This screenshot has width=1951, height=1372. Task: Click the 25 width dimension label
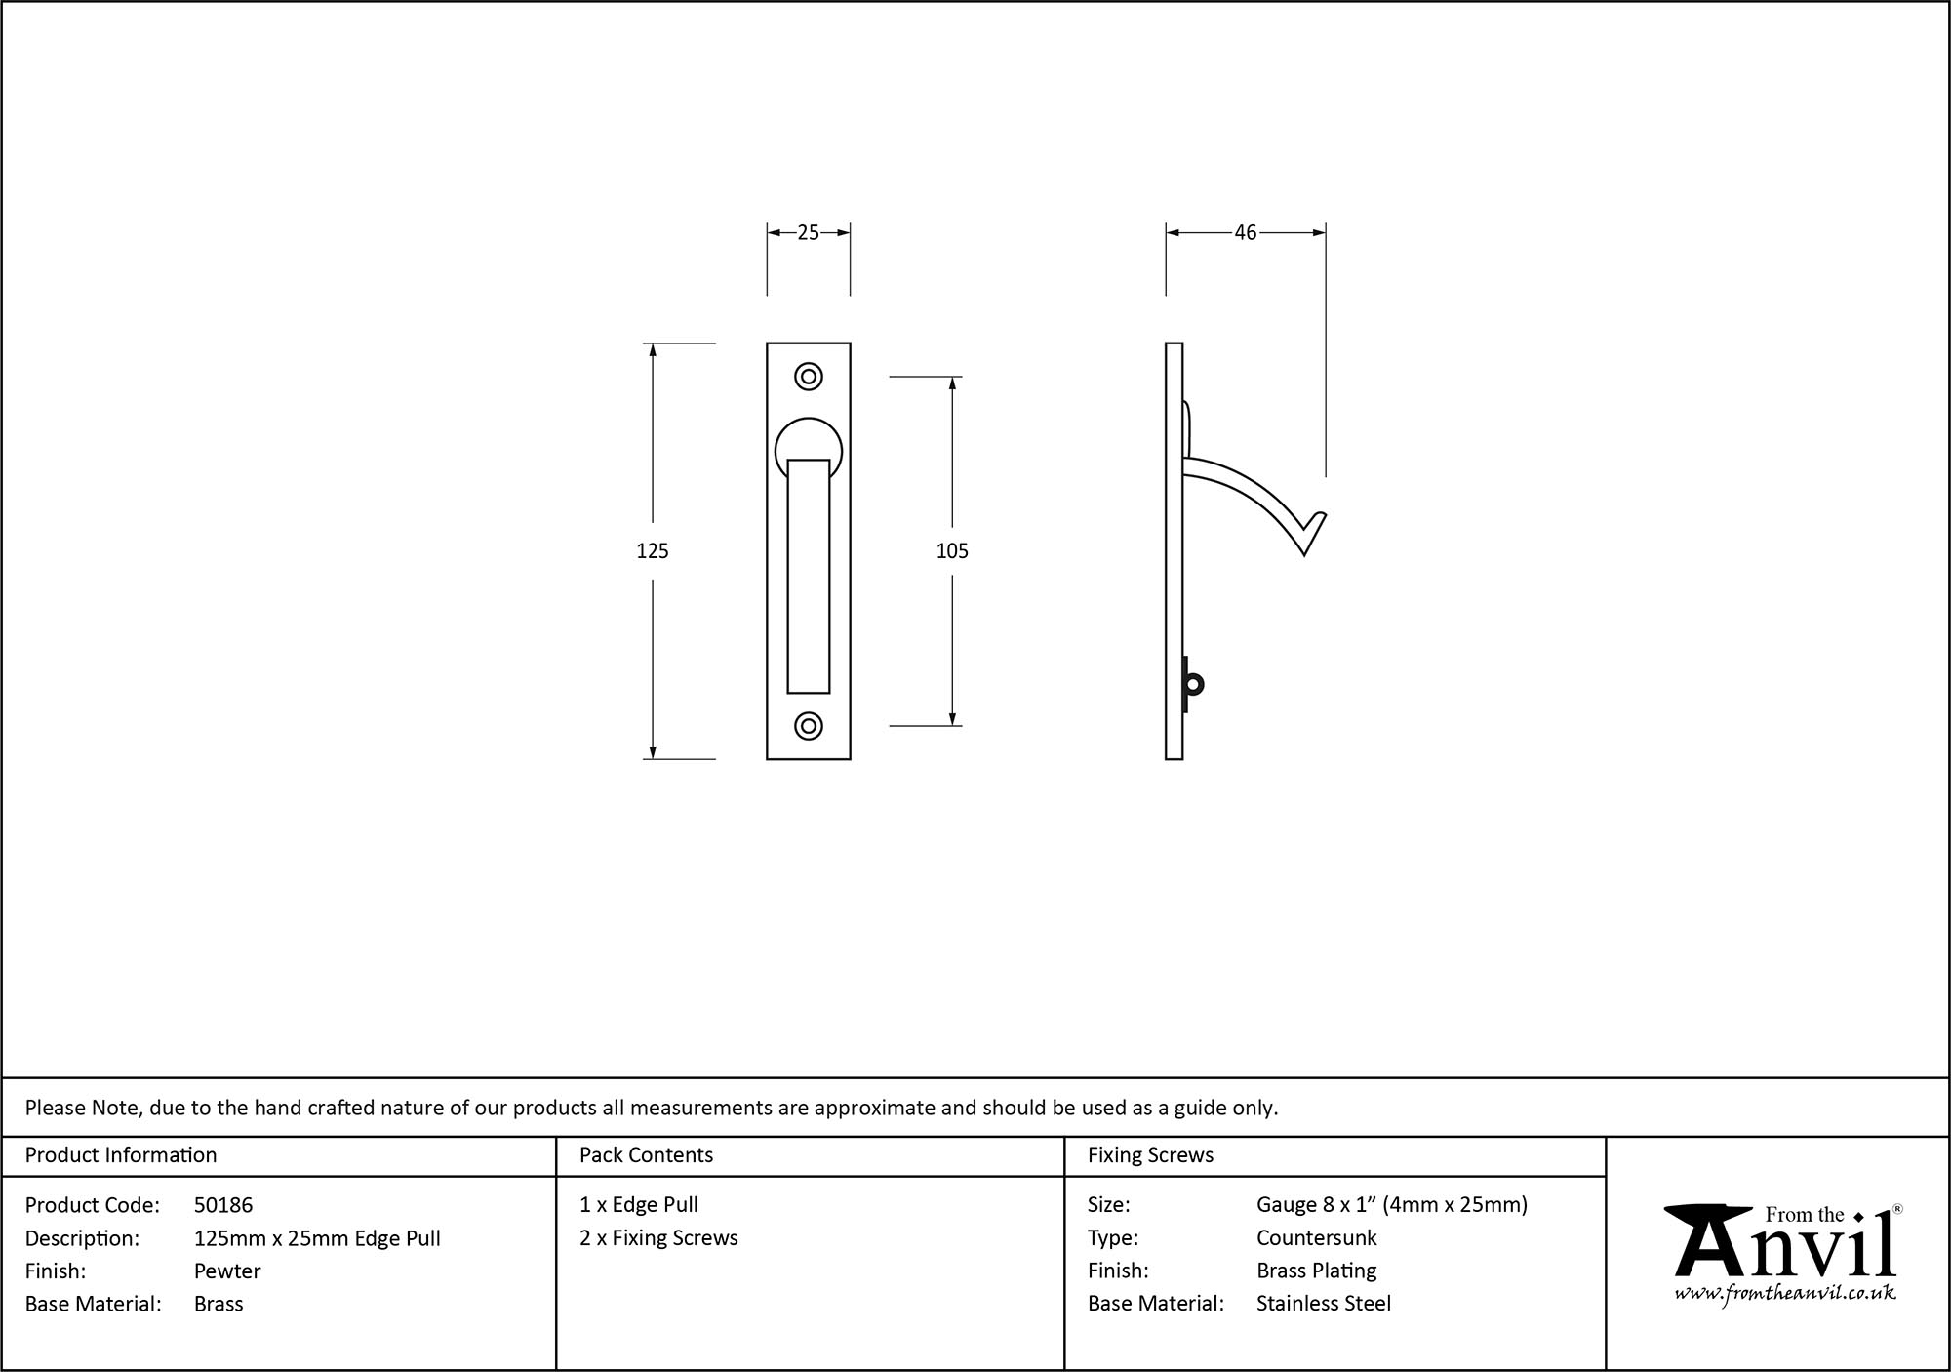click(x=808, y=232)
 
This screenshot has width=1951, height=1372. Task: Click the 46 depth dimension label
click(x=1245, y=232)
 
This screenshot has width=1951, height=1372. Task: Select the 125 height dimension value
click(x=652, y=551)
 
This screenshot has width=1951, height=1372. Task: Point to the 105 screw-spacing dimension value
click(x=952, y=551)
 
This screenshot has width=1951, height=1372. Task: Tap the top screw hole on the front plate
click(x=809, y=377)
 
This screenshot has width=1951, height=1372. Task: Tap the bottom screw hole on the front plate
click(x=809, y=726)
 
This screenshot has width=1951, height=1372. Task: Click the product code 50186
click(x=223, y=1205)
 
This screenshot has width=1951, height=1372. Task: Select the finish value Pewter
click(x=227, y=1271)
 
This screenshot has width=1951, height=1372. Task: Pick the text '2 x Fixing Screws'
click(x=658, y=1237)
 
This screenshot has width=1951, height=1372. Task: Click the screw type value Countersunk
click(x=1316, y=1237)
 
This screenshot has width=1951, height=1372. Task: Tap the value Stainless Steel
click(x=1323, y=1303)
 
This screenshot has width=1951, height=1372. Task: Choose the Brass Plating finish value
click(x=1316, y=1271)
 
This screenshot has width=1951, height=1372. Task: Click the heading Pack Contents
click(x=646, y=1155)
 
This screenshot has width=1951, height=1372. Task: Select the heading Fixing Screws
click(x=1150, y=1155)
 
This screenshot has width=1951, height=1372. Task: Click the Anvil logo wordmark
click(x=1785, y=1247)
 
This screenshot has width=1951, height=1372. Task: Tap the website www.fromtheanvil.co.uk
click(x=1785, y=1293)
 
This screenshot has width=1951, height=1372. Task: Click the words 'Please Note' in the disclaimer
click(x=83, y=1108)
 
